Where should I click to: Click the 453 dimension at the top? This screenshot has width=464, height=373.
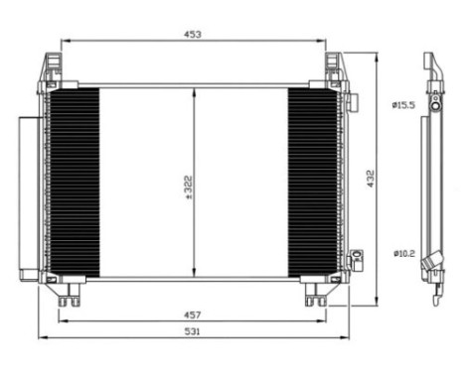click(x=193, y=35)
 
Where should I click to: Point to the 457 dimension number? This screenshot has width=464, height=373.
click(x=193, y=313)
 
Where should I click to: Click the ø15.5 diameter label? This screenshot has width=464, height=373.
click(x=402, y=104)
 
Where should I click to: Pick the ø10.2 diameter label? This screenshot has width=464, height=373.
click(x=402, y=253)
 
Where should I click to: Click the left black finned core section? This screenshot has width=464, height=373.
click(x=76, y=183)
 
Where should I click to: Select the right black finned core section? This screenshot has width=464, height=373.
click(x=313, y=183)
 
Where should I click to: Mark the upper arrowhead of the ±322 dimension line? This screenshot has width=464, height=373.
click(x=194, y=92)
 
